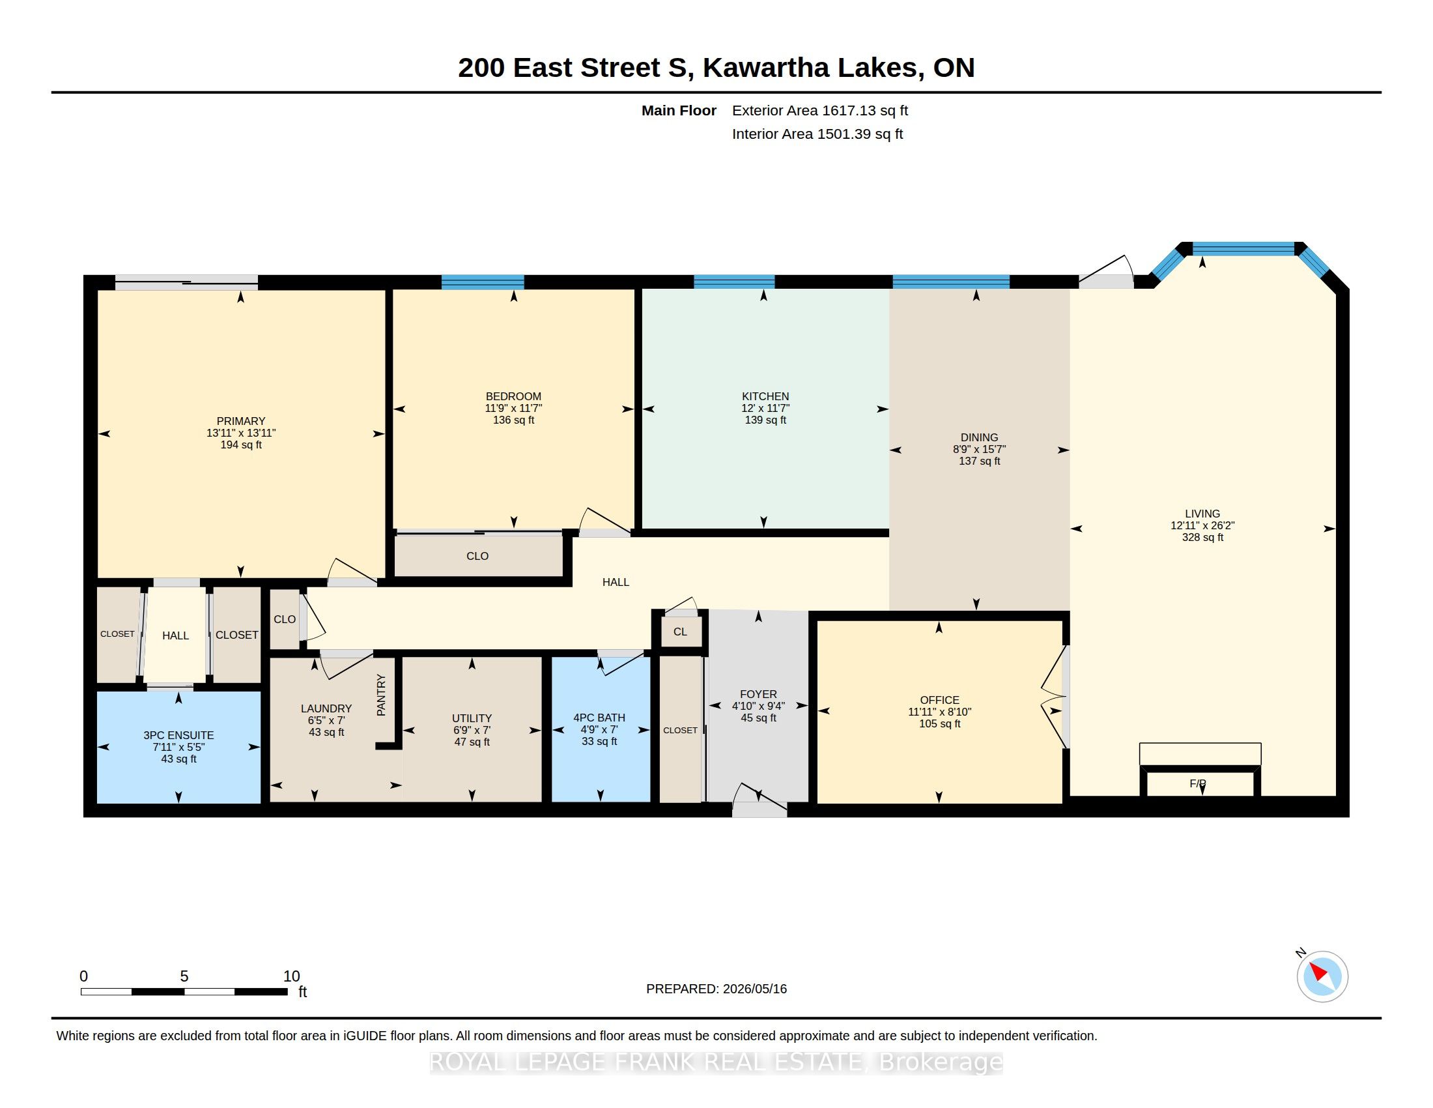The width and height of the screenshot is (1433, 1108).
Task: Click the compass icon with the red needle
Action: tap(1322, 976)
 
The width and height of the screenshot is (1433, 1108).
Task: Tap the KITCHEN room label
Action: tap(765, 396)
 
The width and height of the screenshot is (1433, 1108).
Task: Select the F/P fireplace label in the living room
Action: tap(1197, 783)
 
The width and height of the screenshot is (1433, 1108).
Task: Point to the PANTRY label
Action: tap(381, 695)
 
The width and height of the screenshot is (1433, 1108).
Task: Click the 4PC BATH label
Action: tap(599, 718)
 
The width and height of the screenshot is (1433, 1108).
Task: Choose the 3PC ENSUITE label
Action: tap(178, 735)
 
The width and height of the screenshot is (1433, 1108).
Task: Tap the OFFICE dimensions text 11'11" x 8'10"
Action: tap(939, 712)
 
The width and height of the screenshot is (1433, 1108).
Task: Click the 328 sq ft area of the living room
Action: tap(1202, 537)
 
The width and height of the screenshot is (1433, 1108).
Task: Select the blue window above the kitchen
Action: tap(734, 282)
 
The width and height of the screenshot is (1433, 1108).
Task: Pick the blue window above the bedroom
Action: tap(483, 282)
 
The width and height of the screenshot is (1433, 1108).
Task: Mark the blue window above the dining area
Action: tap(951, 282)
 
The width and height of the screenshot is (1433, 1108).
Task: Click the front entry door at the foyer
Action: tap(759, 801)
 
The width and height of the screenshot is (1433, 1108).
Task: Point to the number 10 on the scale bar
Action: tap(291, 976)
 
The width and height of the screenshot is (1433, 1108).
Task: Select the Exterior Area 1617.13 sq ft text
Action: tap(820, 110)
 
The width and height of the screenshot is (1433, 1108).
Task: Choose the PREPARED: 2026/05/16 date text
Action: tap(716, 989)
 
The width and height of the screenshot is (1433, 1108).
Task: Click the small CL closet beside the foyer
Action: tap(680, 632)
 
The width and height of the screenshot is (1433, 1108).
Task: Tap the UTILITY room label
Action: tap(472, 718)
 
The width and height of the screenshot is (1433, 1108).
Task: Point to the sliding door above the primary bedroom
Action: tap(186, 282)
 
